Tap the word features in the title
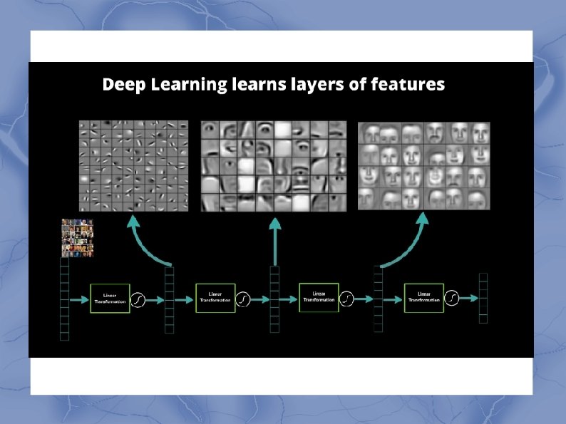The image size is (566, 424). pyautogui.click(x=410, y=85)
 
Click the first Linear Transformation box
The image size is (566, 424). pyautogui.click(x=110, y=299)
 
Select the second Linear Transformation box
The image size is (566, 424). pyautogui.click(x=215, y=298)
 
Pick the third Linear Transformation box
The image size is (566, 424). pyautogui.click(x=319, y=297)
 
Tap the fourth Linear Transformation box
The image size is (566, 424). pyautogui.click(x=423, y=297)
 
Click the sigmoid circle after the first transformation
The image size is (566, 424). pyautogui.click(x=138, y=300)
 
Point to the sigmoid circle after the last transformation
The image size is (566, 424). pyautogui.click(x=452, y=297)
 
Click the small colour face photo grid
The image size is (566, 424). pyautogui.click(x=78, y=237)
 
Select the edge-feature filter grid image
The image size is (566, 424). pyautogui.click(x=133, y=166)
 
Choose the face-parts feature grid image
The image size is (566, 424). pyautogui.click(x=273, y=166)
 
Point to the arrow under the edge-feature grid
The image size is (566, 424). pyautogui.click(x=147, y=242)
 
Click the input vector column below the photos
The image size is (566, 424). pyautogui.click(x=64, y=299)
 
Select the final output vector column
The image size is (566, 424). pyautogui.click(x=483, y=299)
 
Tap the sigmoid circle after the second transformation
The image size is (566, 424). pyautogui.click(x=244, y=299)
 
